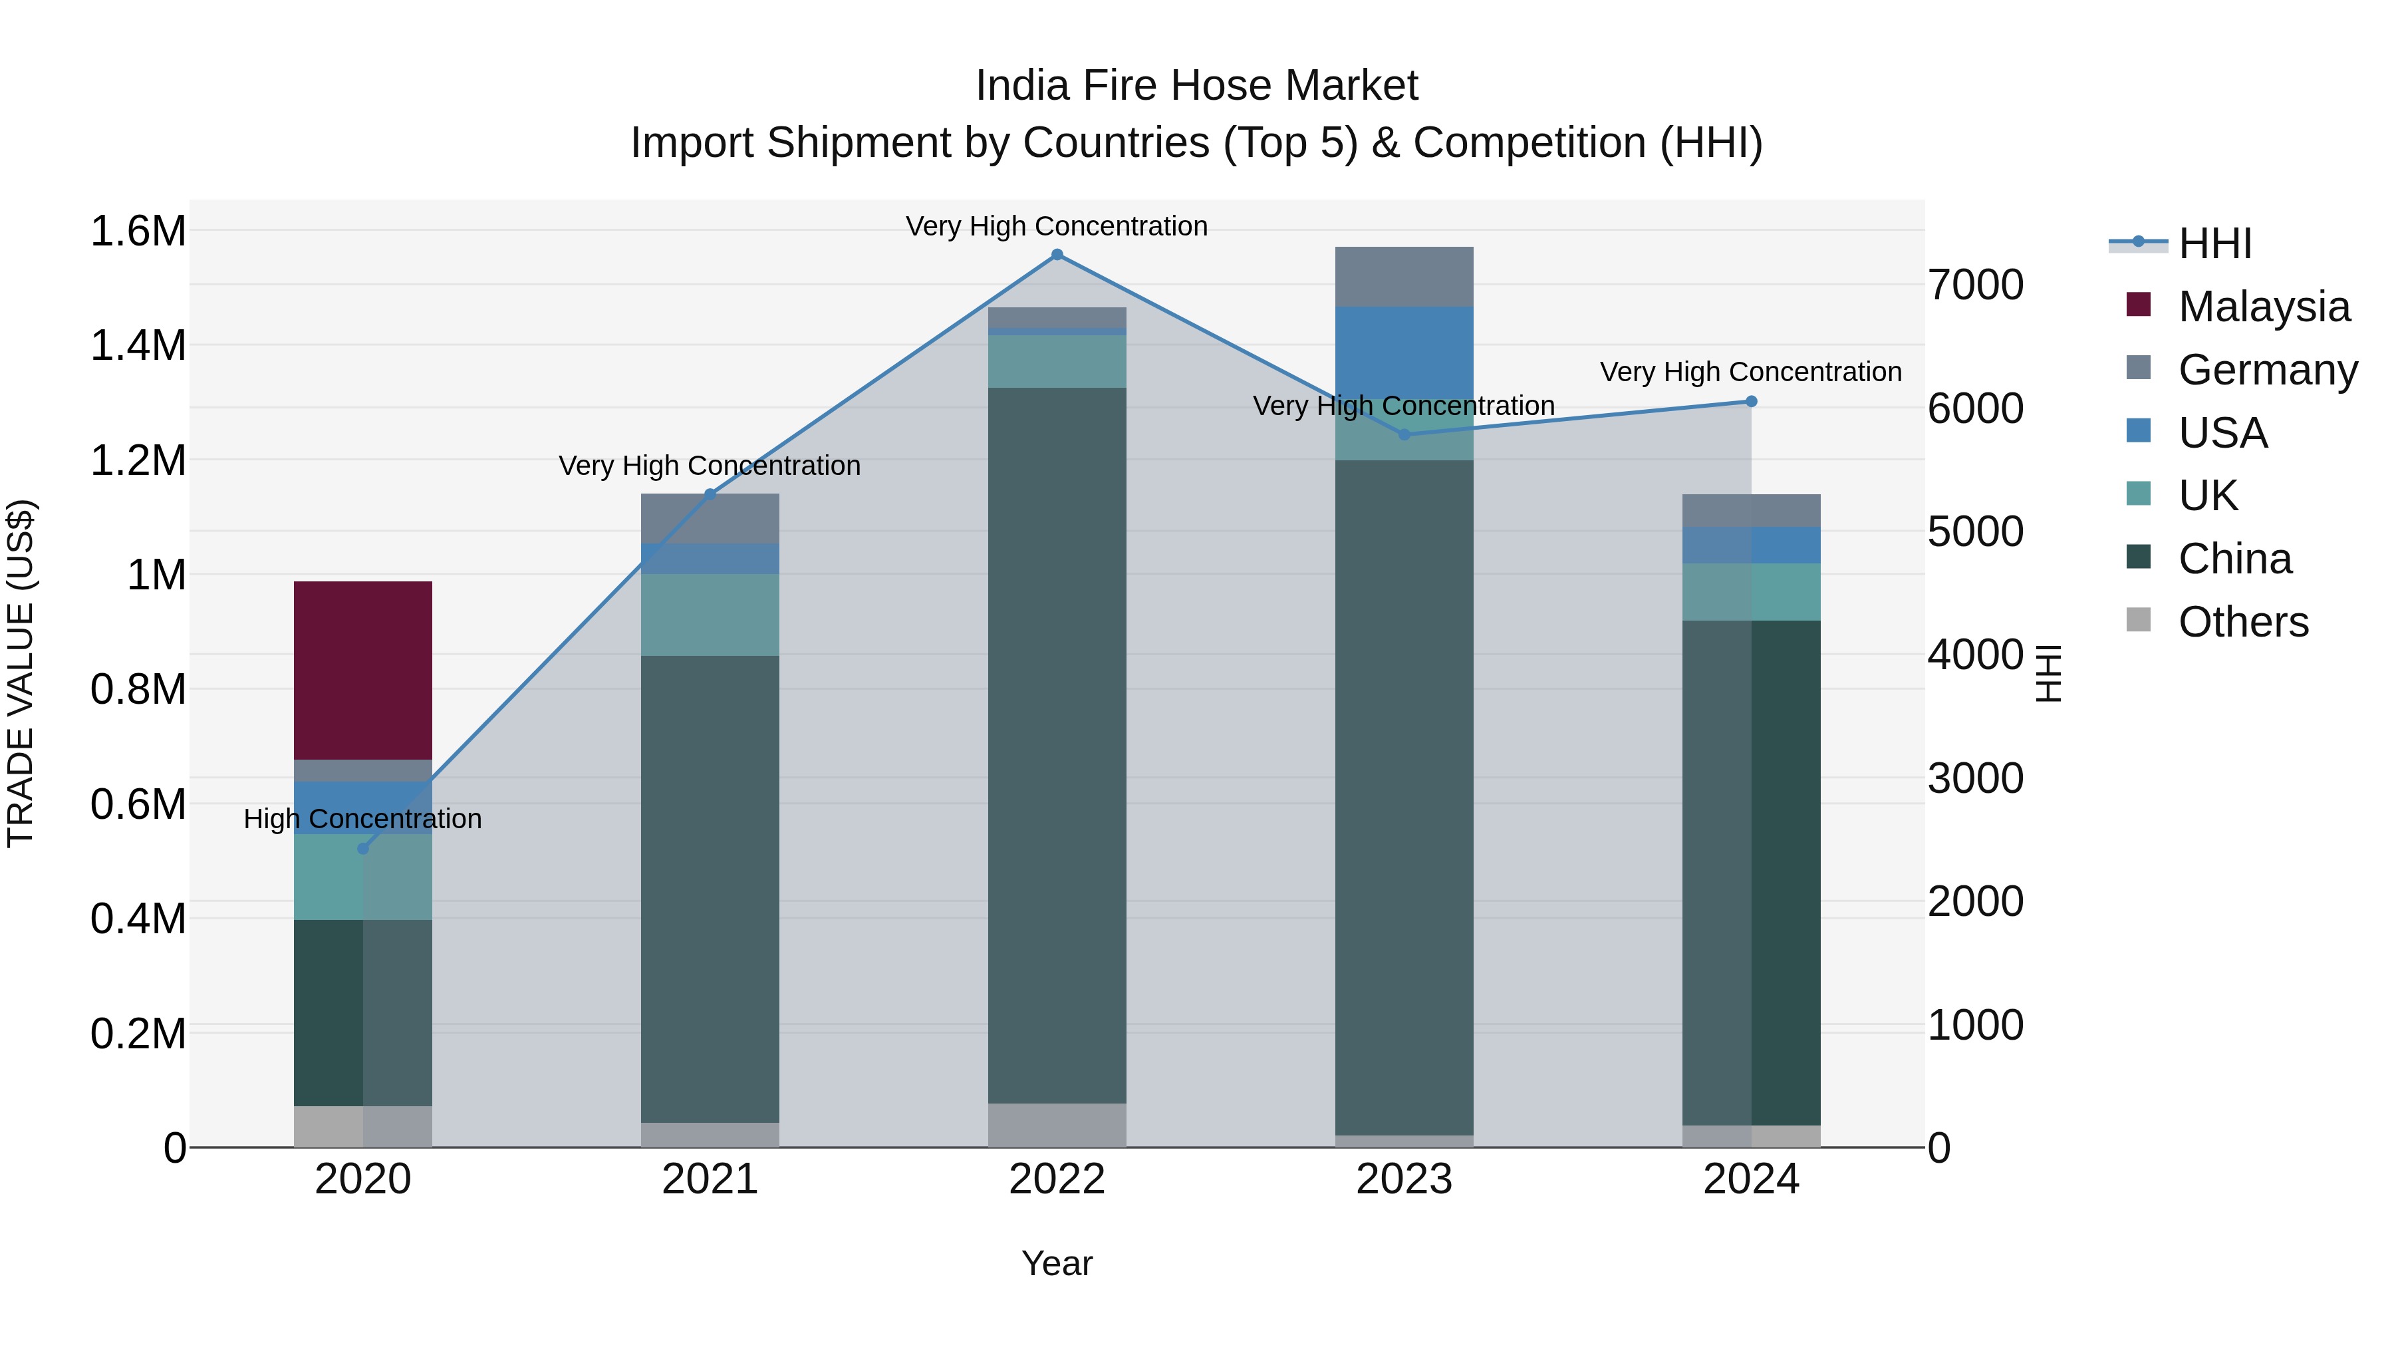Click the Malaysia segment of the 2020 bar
362,671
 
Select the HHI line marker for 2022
1057,255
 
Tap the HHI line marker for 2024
1751,402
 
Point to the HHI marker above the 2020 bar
363,849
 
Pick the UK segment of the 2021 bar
710,615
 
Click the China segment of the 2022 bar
1057,744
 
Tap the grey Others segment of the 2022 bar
1057,1125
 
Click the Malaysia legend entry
2263,307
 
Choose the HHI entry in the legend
2214,243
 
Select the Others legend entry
2242,622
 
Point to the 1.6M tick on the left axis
138,231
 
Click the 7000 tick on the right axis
1976,285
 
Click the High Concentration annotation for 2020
362,819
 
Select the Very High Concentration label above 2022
1057,226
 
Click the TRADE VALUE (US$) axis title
21,673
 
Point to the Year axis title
1057,1263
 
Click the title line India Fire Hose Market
1196,86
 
